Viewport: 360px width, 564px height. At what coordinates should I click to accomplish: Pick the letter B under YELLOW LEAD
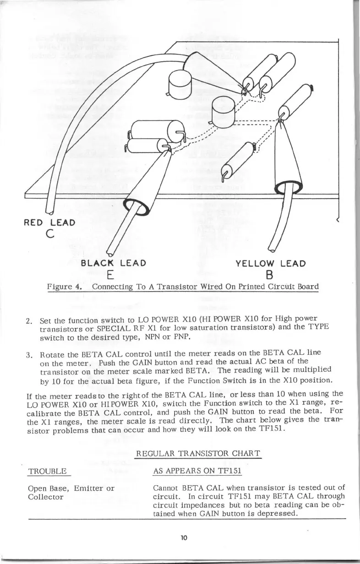pyautogui.click(x=270, y=275)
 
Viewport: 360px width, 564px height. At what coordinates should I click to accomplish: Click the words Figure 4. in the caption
pyautogui.click(x=65, y=287)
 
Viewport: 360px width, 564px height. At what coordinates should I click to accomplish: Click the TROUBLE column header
pyautogui.click(x=48, y=471)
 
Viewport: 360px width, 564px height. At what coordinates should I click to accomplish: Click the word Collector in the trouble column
pyautogui.click(x=45, y=496)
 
